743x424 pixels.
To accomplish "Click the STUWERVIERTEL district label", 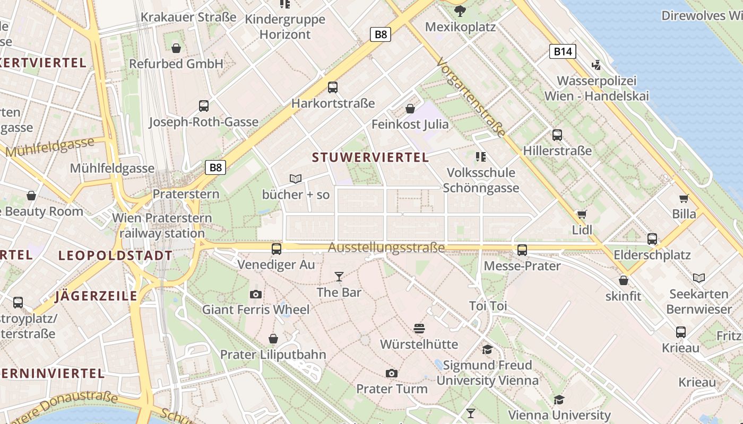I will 370,157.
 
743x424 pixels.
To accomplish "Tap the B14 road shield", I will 562,51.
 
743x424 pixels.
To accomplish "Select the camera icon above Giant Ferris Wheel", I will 255,294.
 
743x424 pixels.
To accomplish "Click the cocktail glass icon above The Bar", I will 339,277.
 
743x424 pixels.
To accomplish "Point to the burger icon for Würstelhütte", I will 419,329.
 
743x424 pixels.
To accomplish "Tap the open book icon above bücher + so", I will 296,179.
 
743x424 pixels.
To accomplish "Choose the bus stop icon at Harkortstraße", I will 333,87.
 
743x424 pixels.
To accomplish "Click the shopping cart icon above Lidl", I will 582,215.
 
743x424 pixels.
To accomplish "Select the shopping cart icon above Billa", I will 684,199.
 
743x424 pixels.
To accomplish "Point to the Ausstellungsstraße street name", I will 386,248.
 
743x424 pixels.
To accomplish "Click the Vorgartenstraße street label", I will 471,98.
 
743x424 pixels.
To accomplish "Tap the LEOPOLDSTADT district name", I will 115,256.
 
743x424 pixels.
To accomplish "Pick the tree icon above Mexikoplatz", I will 460,11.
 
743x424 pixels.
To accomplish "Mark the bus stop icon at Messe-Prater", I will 522,250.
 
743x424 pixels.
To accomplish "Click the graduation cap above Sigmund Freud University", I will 487,349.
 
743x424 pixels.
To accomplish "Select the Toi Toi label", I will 488,306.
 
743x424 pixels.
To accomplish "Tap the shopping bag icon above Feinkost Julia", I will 410,109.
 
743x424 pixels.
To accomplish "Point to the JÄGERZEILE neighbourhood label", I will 96,296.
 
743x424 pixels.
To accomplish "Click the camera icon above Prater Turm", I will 392,373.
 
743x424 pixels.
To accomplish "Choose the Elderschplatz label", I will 652,255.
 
